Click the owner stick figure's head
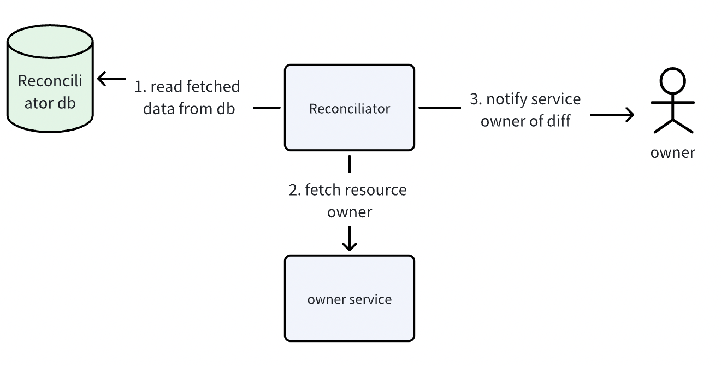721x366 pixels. pyautogui.click(x=673, y=81)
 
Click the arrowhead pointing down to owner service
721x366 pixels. pyautogui.click(x=350, y=246)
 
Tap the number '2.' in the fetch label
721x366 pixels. pyautogui.click(x=295, y=190)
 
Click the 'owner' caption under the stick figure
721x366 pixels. pyautogui.click(x=672, y=152)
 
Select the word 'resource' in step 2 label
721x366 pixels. pyautogui.click(x=378, y=190)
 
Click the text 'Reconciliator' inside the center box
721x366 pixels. pyautogui.click(x=350, y=109)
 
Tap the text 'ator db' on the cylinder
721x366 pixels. pyautogui.click(x=50, y=102)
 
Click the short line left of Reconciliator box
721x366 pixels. pyautogui.click(x=267, y=108)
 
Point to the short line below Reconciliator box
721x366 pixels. pyautogui.click(x=350, y=164)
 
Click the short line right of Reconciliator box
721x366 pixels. pyautogui.click(x=439, y=108)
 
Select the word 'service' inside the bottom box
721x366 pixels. pyautogui.click(x=371, y=299)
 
